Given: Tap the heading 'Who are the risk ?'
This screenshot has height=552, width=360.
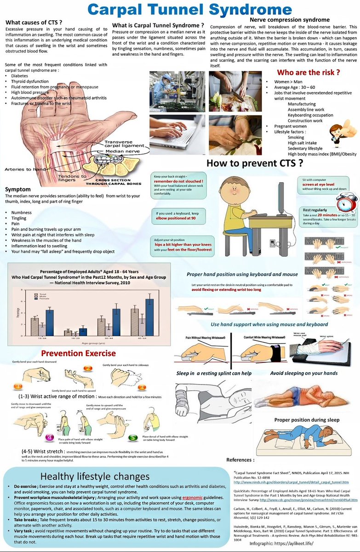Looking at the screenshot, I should pos(308,73).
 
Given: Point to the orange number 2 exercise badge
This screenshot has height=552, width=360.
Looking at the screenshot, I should pos(88,368).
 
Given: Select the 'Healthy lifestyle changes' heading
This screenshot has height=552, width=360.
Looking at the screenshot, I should pos(94,476).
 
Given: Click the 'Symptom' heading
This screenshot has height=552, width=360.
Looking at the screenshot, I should pos(18,190).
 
